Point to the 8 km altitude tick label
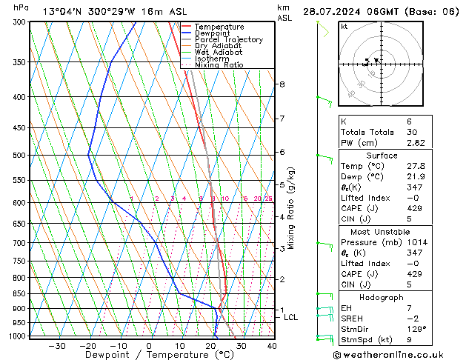(282, 84)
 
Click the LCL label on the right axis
(291, 317)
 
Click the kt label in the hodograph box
(344, 27)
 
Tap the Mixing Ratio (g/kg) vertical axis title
(291, 208)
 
